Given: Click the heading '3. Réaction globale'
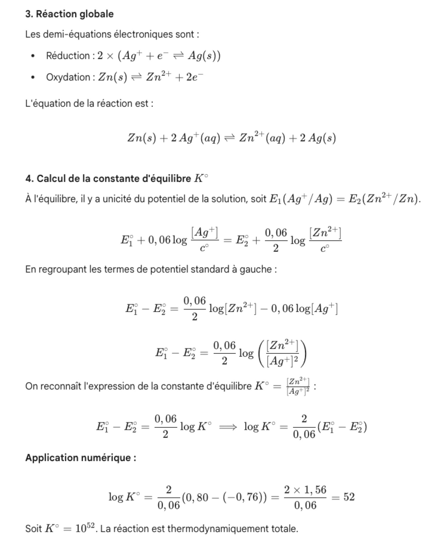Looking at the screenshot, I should [x=69, y=14].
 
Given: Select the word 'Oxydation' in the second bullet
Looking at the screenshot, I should [x=68, y=77].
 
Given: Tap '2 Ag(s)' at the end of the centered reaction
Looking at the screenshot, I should [x=318, y=138].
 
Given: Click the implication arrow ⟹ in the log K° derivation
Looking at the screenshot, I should [x=228, y=427].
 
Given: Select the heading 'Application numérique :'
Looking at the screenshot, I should [x=81, y=457].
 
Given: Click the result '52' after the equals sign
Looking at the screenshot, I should [x=349, y=497].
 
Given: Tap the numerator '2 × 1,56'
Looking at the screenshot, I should [x=305, y=490].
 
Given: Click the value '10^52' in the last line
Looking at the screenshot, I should [x=84, y=528].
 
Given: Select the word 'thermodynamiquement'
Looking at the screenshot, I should [x=218, y=529].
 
